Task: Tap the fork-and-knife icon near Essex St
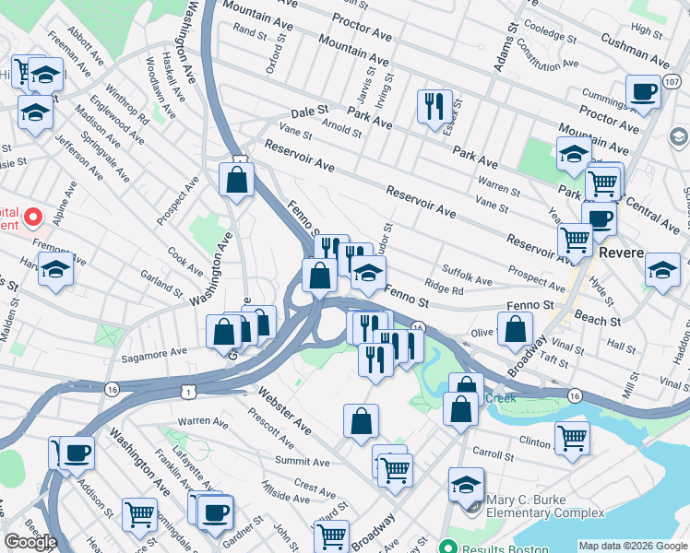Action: (x=434, y=105)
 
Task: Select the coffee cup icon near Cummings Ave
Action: (x=643, y=91)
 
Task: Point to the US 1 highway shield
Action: (x=188, y=392)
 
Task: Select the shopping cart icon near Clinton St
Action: (x=572, y=437)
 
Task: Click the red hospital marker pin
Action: (x=33, y=218)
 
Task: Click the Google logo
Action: (x=30, y=542)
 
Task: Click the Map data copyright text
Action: (x=633, y=545)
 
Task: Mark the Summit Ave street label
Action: (x=302, y=461)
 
